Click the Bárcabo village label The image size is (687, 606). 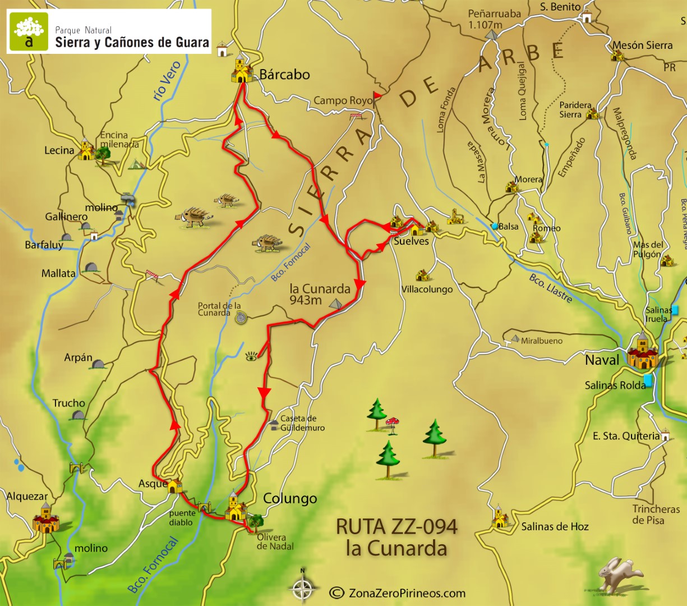[284, 75]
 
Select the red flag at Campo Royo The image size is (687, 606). [377, 97]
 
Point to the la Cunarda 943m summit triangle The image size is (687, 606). [336, 304]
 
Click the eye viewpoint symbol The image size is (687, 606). [252, 356]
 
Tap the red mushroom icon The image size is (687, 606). [393, 421]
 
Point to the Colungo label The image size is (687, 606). [290, 498]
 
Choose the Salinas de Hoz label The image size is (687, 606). [555, 526]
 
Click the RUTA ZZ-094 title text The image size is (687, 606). [396, 527]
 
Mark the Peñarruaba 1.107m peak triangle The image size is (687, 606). [492, 35]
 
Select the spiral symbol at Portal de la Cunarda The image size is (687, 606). [241, 318]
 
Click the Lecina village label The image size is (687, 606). [59, 150]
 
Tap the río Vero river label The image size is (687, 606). [167, 81]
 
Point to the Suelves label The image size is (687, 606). [411, 241]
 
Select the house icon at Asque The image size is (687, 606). [175, 485]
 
